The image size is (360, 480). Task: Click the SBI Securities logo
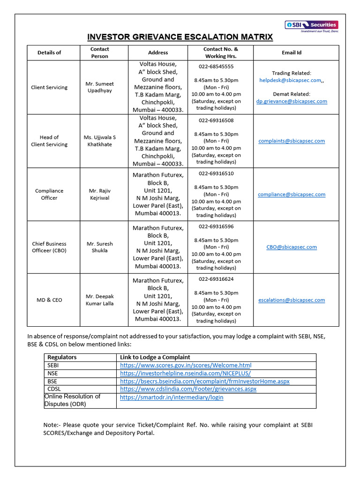pos(311,25)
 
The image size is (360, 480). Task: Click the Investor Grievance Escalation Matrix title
pos(180,37)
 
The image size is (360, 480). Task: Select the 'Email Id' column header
pos(292,52)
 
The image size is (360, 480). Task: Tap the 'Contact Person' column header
pos(99,52)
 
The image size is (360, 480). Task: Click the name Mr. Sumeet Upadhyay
pos(99,87)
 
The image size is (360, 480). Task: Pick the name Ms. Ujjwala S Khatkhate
pos(99,141)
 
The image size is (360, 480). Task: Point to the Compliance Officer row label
pos(49,194)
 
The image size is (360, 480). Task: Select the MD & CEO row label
pos(49,300)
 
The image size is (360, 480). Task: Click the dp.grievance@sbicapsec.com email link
pos(292,101)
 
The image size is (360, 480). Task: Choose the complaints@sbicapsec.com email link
pos(292,141)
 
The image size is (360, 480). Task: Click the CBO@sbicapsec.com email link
pos(292,247)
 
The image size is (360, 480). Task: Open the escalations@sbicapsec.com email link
pos(292,300)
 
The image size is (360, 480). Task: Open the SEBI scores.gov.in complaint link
pos(186,365)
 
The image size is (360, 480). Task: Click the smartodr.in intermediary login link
pos(172,397)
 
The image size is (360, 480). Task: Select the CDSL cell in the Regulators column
pos(54,389)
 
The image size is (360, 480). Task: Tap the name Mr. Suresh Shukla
pos(99,247)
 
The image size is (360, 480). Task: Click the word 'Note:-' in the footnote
pos(52,425)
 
